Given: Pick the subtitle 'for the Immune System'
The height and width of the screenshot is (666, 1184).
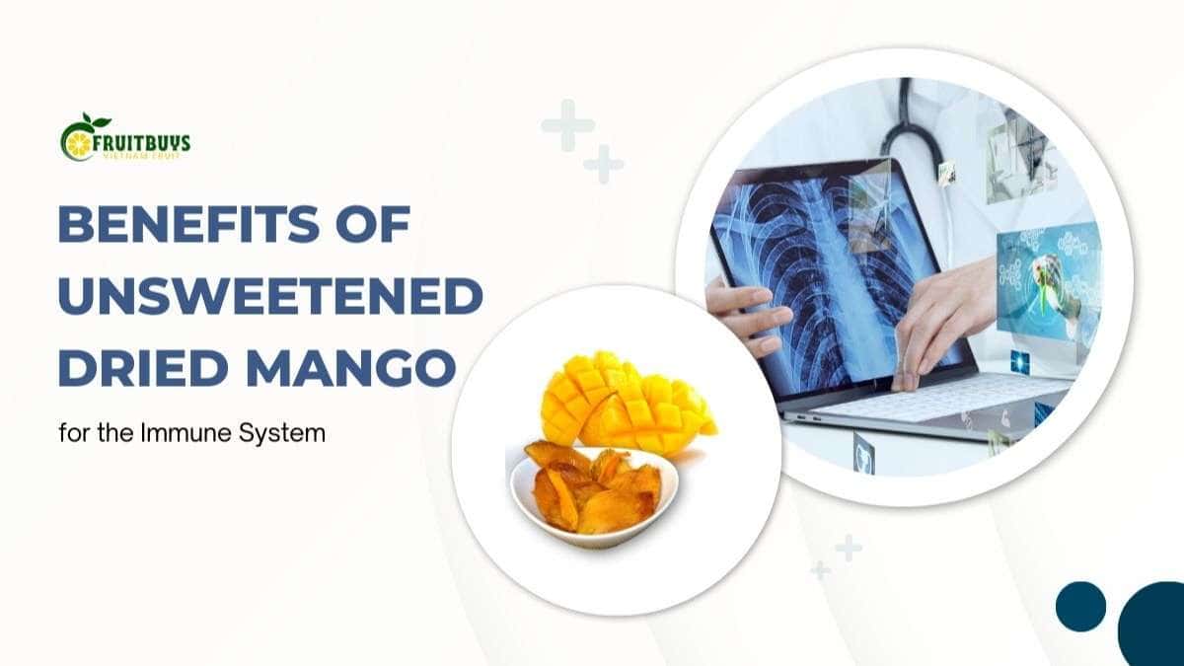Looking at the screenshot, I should point(191,433).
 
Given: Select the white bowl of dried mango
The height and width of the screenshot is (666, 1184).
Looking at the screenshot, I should point(592,490).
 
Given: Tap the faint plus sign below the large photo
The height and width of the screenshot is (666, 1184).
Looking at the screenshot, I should point(848,547).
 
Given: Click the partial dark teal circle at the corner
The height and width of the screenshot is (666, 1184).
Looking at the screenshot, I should point(1154,627).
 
